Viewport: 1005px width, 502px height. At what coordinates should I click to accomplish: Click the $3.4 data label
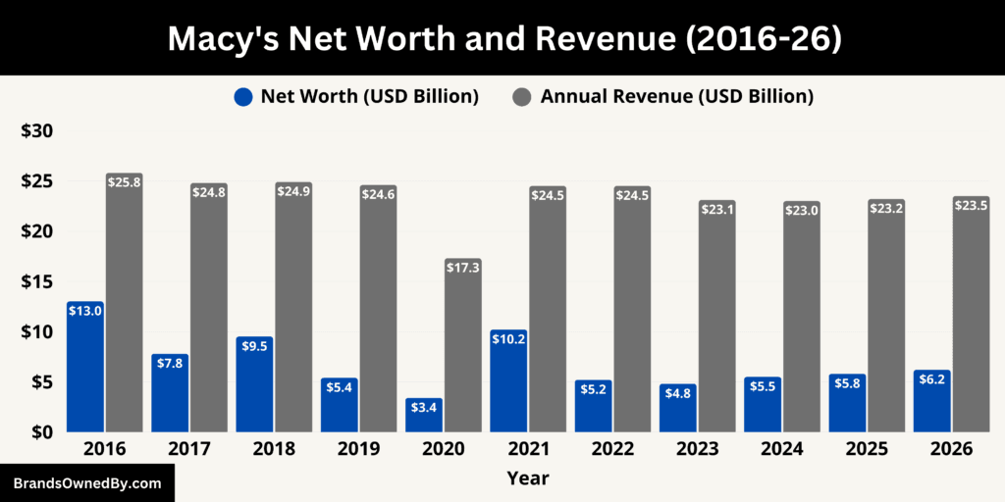pyautogui.click(x=424, y=405)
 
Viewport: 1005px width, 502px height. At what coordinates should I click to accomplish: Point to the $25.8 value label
pyautogui.click(x=125, y=181)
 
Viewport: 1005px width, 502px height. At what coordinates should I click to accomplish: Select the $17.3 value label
pyautogui.click(x=463, y=267)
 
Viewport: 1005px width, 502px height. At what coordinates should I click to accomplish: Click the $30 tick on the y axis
pyautogui.click(x=36, y=131)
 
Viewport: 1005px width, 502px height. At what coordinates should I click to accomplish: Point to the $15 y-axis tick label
pyautogui.click(x=36, y=281)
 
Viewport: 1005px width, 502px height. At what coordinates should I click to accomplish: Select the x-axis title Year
pyautogui.click(x=528, y=478)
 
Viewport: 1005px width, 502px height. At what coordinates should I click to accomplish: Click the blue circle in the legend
pyautogui.click(x=243, y=96)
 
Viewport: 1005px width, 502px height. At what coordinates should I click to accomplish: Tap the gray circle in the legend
pyautogui.click(x=523, y=96)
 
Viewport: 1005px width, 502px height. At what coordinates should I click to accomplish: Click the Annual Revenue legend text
pyautogui.click(x=676, y=96)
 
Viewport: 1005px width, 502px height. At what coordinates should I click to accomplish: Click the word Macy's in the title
pyautogui.click(x=220, y=38)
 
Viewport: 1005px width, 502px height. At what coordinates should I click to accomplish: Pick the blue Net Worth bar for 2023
pyautogui.click(x=677, y=408)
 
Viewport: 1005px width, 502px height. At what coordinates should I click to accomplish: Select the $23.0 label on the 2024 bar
pyautogui.click(x=802, y=209)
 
